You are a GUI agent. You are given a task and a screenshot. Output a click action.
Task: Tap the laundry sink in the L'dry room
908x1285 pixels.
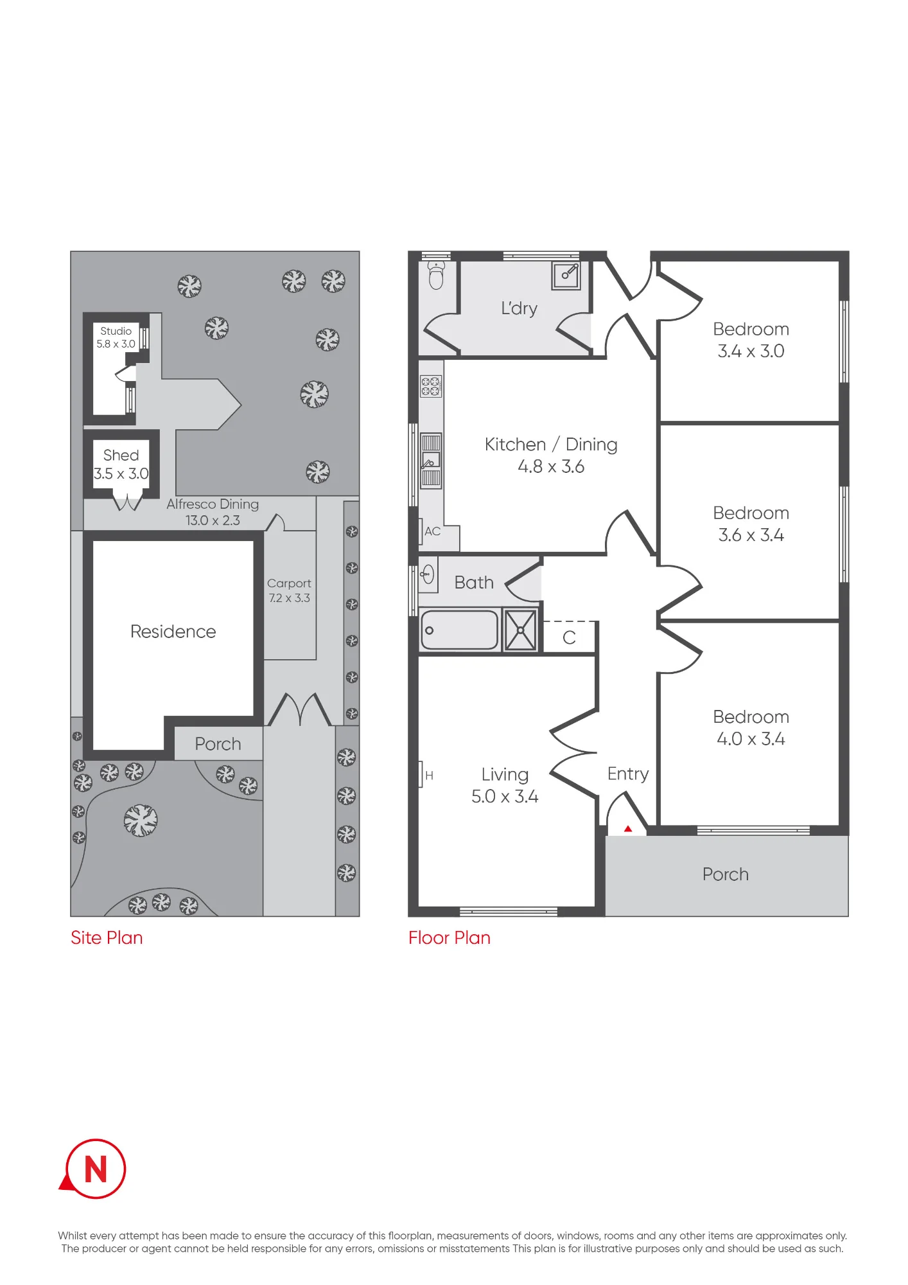(566, 276)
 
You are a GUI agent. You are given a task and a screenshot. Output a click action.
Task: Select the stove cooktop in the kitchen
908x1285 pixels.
(430, 387)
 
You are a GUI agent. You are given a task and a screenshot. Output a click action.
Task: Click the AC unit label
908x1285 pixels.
(432, 531)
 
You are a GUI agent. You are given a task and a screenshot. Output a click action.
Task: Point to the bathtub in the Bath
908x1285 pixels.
(459, 630)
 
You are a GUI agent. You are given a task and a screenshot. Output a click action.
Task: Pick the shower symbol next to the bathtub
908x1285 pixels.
(520, 630)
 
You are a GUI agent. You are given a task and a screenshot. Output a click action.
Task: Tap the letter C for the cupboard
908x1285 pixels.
(569, 637)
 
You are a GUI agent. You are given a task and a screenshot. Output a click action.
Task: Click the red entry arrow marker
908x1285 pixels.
(628, 829)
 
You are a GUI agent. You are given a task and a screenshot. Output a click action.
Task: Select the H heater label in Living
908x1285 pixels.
(429, 775)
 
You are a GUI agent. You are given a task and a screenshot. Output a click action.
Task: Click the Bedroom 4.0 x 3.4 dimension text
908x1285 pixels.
(751, 739)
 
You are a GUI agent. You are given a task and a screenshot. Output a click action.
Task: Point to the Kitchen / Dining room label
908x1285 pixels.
(551, 445)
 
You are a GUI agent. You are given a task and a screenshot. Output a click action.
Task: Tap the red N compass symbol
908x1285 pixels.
(94, 1169)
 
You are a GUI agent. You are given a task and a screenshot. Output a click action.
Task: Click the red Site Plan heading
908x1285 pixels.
(107, 938)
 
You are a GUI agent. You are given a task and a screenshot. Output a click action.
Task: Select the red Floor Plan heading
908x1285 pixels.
(450, 938)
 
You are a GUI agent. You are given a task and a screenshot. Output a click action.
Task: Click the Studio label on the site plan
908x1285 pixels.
(116, 331)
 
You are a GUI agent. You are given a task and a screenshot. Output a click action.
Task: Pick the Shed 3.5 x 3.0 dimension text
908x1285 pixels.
(121, 474)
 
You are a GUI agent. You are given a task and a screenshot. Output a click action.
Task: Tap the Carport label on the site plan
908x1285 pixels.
(289, 583)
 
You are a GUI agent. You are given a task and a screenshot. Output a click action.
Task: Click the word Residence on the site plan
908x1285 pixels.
(173, 632)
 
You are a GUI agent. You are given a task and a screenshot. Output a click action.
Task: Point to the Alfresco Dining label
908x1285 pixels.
(213, 504)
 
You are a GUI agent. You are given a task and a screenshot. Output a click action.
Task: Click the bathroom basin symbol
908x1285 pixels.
(428, 574)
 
